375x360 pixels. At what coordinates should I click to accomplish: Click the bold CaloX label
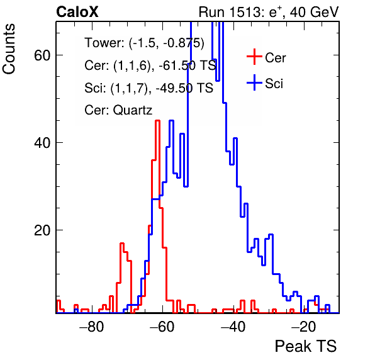point(77,12)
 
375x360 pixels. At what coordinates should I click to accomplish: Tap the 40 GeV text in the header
point(314,12)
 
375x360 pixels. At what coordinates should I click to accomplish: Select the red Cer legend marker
point(254,57)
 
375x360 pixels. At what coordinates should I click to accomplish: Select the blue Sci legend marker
point(254,82)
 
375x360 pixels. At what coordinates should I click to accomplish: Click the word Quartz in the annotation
point(133,111)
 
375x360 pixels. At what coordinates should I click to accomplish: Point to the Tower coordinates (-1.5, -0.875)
point(167,43)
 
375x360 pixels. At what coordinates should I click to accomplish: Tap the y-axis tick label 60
point(42,55)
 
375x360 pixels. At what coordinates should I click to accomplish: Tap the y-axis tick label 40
point(42,143)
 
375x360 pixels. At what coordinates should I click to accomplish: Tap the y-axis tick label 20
point(42,230)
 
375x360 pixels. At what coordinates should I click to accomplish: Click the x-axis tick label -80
point(92,327)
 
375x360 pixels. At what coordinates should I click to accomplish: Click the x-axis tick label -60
point(162,327)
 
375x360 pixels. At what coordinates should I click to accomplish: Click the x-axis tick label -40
point(233,327)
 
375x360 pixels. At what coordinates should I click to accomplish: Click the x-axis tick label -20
point(304,327)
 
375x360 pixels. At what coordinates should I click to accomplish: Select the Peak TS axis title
point(306,346)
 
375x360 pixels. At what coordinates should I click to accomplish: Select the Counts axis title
point(9,49)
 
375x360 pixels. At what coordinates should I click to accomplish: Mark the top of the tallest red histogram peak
point(157,121)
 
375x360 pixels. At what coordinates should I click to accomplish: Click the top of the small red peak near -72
point(122,244)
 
